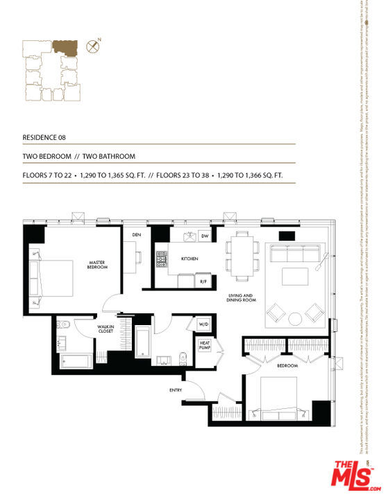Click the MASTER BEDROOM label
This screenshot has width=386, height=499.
click(x=97, y=265)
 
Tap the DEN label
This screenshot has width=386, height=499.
click(x=137, y=234)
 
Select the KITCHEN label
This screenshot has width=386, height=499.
click(x=190, y=259)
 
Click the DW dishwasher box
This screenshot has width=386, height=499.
click(x=205, y=236)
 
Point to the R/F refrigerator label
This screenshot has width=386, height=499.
click(x=204, y=282)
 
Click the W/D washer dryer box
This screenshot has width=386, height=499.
click(x=204, y=324)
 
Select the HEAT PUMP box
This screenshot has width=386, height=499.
click(x=205, y=344)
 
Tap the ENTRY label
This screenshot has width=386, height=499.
click(x=176, y=390)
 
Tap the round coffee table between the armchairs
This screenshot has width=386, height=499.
click(x=294, y=318)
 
